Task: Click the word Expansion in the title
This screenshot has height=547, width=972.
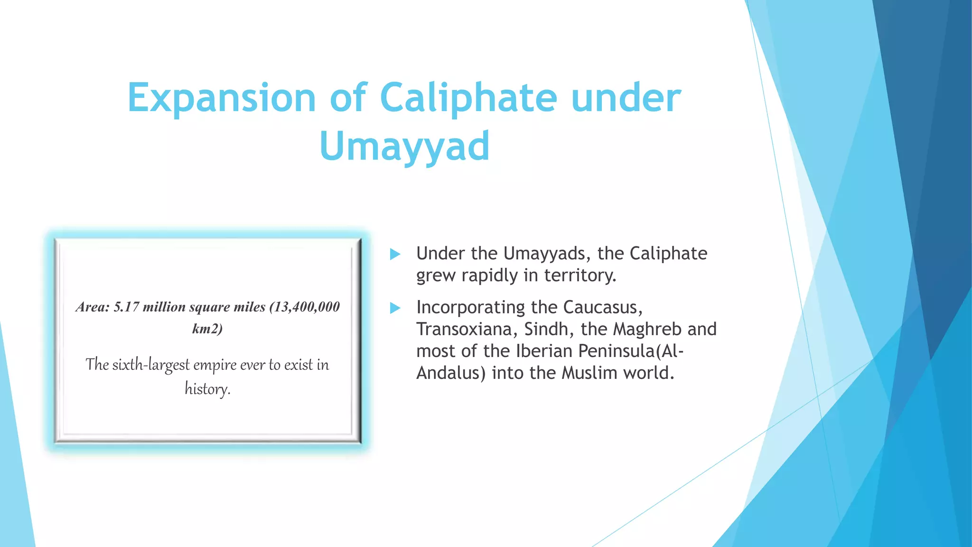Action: (x=222, y=98)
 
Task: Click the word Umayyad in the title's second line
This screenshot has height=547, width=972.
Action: (x=404, y=146)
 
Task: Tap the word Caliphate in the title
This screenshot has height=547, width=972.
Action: (x=468, y=98)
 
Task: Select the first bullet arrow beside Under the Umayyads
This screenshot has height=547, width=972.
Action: (x=395, y=255)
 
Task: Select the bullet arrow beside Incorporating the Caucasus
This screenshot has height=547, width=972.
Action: (x=395, y=308)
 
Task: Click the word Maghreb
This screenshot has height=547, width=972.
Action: (x=646, y=329)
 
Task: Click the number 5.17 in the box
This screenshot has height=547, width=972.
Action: (x=126, y=307)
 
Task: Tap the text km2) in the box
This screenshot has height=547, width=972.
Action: (x=207, y=329)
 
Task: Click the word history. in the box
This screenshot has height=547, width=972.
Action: (x=207, y=389)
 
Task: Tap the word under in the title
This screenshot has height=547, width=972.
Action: (x=626, y=98)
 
